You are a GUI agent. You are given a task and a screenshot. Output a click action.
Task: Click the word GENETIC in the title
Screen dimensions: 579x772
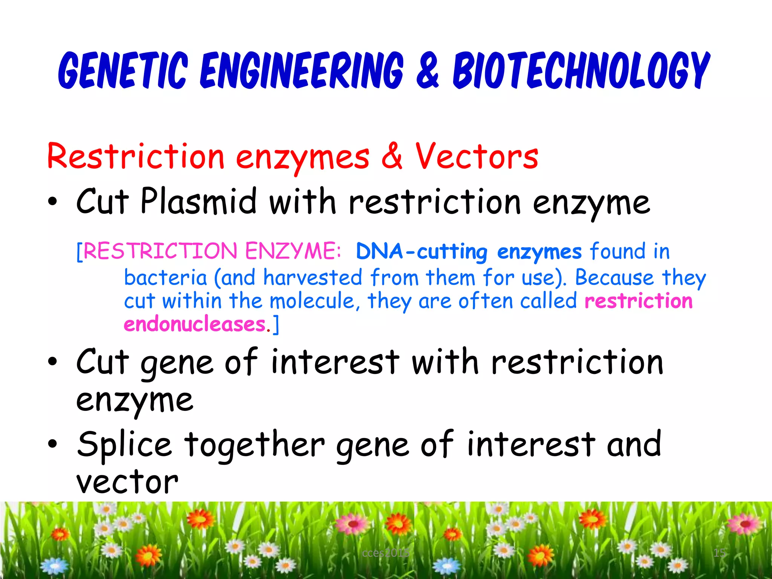pos(123,70)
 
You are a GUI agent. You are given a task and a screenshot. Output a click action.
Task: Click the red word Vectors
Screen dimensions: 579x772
pos(477,156)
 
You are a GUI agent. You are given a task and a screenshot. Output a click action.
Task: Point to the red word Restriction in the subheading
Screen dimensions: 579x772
pos(136,156)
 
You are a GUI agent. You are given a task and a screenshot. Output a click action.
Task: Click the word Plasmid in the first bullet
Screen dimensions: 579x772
pos(199,202)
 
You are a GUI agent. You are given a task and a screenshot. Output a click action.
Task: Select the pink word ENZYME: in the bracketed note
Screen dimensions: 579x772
pos(293,251)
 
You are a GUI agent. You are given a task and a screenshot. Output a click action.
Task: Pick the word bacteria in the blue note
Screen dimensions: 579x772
pos(165,278)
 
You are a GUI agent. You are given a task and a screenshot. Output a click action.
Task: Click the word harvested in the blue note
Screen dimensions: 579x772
pos(313,278)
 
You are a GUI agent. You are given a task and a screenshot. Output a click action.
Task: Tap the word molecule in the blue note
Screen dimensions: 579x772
pos(312,301)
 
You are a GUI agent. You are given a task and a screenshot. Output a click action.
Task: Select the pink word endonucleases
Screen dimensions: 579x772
pos(195,325)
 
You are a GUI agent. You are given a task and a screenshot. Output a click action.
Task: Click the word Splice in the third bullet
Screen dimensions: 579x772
pos(124,445)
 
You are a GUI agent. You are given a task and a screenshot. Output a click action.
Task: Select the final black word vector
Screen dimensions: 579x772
pos(127,482)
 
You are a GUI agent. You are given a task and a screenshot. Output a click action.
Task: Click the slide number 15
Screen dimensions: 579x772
pos(719,553)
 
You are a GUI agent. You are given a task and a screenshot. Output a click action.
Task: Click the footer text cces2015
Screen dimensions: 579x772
pos(385,553)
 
